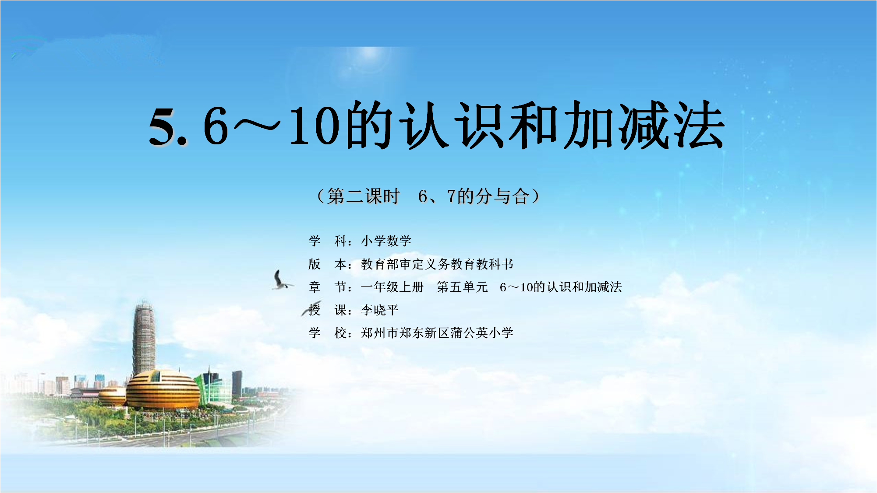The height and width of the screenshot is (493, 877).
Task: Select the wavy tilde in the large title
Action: pyautogui.click(x=257, y=125)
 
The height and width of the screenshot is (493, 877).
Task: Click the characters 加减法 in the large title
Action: pyautogui.click(x=643, y=125)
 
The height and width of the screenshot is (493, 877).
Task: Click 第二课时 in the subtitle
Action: pyautogui.click(x=363, y=196)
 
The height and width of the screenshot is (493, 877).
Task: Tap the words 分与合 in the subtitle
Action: pyautogui.click(x=502, y=196)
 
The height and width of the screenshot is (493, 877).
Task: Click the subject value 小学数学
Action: pyautogui.click(x=386, y=241)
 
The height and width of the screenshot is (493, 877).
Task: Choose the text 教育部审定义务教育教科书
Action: pyautogui.click(x=437, y=264)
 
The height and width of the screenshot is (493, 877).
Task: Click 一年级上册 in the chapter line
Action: pyautogui.click(x=392, y=287)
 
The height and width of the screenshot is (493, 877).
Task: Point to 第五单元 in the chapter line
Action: pyautogui.click(x=462, y=287)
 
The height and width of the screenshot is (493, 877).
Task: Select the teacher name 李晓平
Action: pyautogui.click(x=379, y=310)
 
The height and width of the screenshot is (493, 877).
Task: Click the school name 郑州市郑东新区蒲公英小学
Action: pyautogui.click(x=437, y=333)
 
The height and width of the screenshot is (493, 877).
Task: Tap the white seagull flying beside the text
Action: pyautogui.click(x=281, y=280)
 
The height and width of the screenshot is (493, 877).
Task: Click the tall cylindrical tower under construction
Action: pyautogui.click(x=144, y=339)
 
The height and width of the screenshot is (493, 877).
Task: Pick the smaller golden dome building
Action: pyautogui.click(x=112, y=396)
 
